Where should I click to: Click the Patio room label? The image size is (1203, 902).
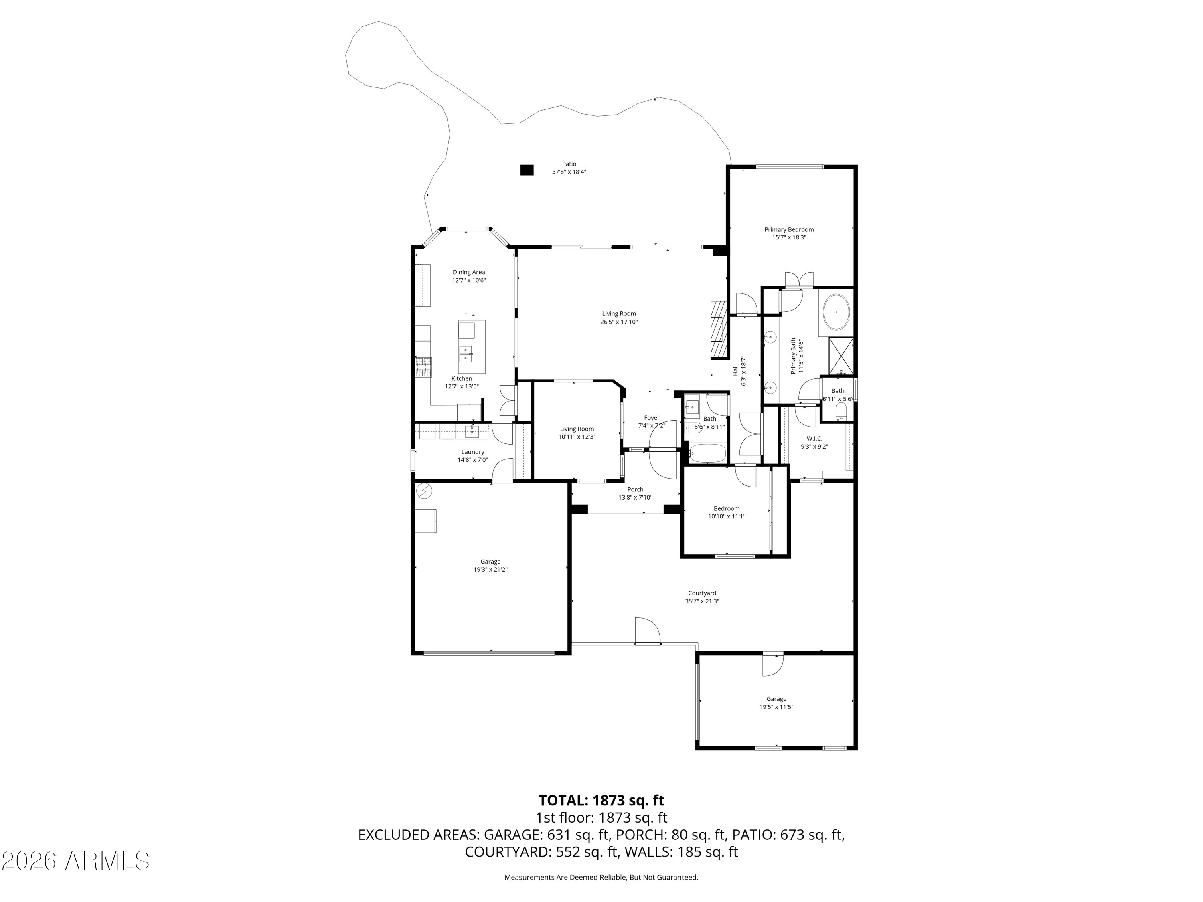[569, 164]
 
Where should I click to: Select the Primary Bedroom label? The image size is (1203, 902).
[789, 229]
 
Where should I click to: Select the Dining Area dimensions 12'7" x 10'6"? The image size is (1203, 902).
[469, 281]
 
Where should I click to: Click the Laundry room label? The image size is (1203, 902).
[473, 452]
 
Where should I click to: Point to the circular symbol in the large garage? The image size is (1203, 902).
[424, 492]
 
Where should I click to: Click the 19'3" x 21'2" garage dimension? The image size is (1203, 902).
[490, 570]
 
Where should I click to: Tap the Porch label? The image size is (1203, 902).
[635, 489]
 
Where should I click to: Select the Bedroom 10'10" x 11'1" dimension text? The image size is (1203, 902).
[727, 516]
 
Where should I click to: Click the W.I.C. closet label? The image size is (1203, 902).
[814, 438]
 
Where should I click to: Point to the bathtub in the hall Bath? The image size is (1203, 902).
[707, 453]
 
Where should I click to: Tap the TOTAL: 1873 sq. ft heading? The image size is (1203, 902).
[601, 800]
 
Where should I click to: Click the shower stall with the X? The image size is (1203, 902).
[841, 357]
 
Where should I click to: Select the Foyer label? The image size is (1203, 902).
[652, 418]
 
